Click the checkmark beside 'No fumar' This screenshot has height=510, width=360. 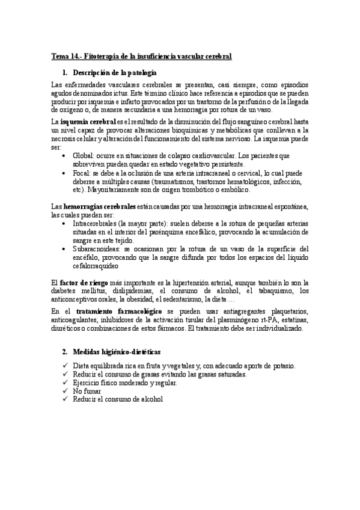coord(65,391)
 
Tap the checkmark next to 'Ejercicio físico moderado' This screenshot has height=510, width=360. coord(65,382)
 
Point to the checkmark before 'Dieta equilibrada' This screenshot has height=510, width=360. coord(65,366)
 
